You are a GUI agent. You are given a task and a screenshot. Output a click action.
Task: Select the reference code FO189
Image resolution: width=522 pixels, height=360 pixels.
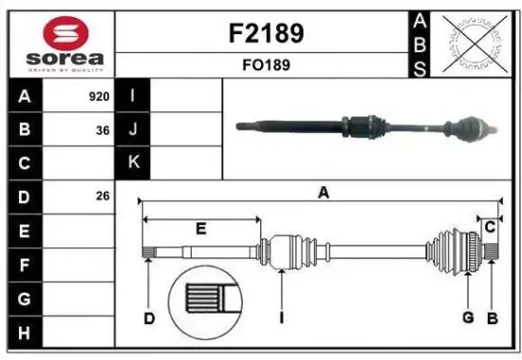265,66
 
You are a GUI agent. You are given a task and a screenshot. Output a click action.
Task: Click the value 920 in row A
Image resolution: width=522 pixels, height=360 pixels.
99,96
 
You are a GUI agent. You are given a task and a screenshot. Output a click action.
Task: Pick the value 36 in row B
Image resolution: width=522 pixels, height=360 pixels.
103,129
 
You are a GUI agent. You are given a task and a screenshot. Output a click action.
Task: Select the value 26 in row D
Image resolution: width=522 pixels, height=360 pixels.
103,197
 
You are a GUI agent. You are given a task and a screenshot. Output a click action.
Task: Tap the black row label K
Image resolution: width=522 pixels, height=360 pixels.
134,162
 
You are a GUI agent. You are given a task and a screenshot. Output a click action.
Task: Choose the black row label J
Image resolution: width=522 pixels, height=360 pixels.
134,129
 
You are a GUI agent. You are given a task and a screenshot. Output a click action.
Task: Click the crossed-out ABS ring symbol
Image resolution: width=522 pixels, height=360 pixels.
473,43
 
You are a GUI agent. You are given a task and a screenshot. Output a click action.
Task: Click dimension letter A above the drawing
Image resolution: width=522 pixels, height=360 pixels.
323,193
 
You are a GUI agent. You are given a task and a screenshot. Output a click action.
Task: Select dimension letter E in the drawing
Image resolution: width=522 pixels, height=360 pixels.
200,229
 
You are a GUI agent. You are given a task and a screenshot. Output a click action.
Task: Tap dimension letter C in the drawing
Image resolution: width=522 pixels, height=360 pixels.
490,226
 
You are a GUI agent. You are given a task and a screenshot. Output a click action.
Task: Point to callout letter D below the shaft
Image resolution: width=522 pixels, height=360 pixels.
148,318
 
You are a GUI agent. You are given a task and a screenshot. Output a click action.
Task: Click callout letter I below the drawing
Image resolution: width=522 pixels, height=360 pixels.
283,318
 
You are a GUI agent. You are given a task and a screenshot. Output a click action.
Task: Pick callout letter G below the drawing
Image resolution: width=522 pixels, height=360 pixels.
468,317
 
